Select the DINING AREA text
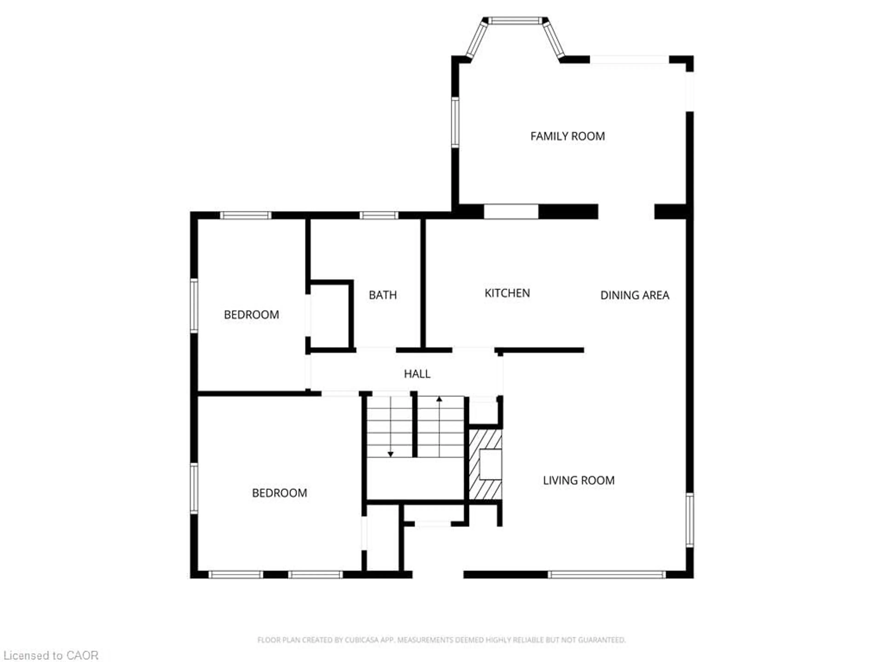click(635, 295)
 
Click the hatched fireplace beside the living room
click(485, 465)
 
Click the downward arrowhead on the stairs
click(390, 454)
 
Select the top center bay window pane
click(515, 21)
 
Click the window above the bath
click(378, 215)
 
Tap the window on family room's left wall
click(455, 122)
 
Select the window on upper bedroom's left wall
click(194, 306)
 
